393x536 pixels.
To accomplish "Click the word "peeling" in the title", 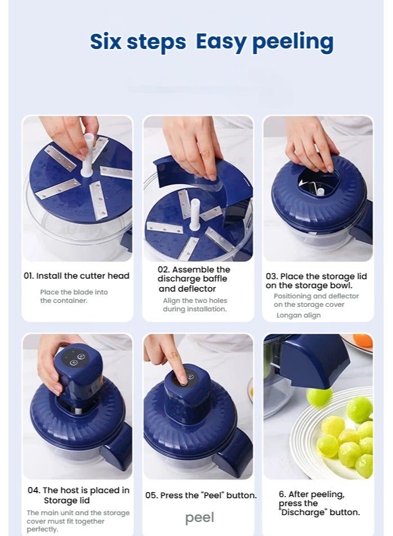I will coord(292,43).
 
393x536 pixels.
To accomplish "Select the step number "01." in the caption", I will coord(29,276).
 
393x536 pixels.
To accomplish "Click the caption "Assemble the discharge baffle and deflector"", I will coord(194,279).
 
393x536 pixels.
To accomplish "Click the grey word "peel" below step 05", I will coord(199,517).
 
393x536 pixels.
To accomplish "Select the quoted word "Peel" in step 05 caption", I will coord(211,495).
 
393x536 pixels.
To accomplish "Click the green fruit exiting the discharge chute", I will coord(319,397).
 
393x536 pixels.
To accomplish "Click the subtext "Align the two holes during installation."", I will coord(195,305).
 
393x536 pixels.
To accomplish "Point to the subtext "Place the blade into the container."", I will coord(74,296).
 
